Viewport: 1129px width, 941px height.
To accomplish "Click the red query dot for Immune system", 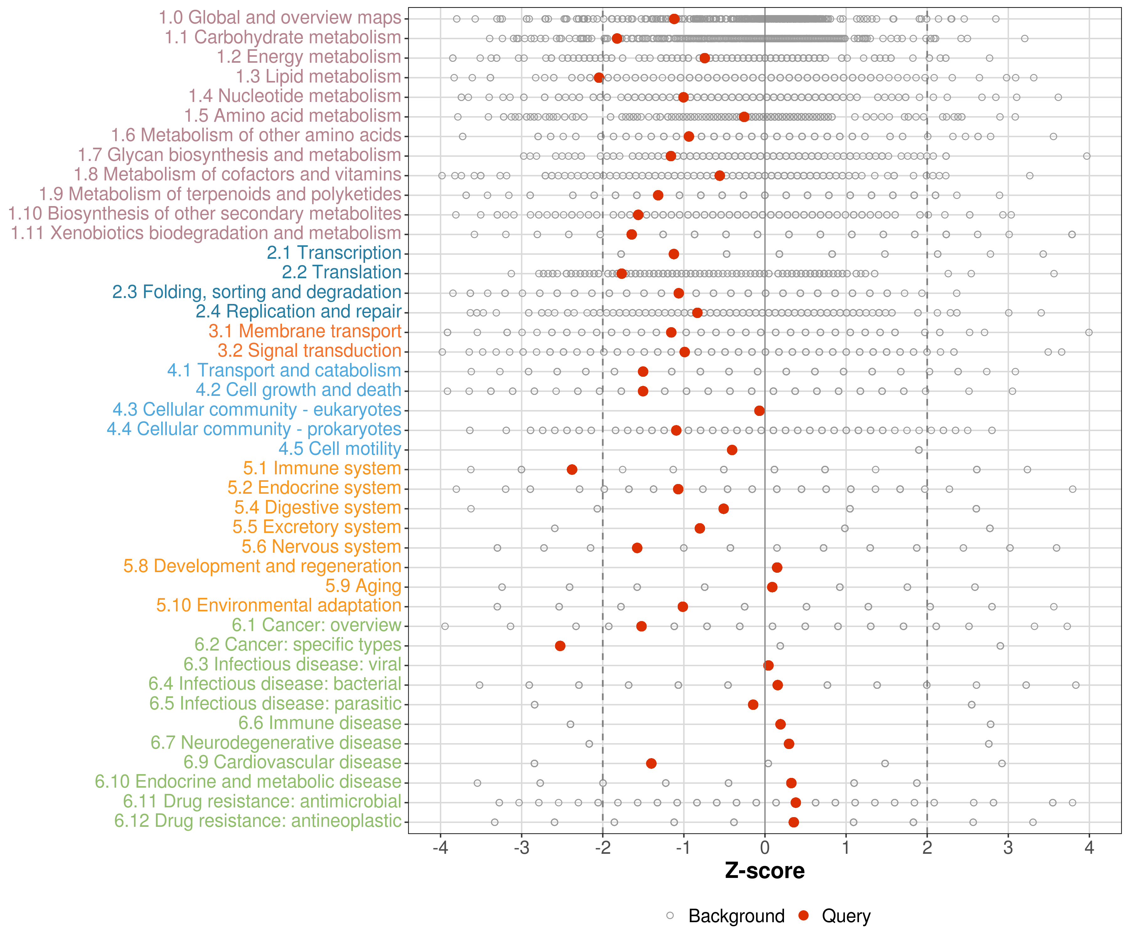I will coord(572,470).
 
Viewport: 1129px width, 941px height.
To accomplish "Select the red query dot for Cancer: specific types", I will coord(560,646).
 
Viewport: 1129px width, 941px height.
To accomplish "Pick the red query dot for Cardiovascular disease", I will coord(651,763).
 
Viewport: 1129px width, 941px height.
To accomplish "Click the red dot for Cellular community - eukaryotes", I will coord(759,411).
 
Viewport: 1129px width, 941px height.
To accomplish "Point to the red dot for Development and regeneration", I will coord(777,567).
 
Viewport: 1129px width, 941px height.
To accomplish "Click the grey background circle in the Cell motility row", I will coord(919,450).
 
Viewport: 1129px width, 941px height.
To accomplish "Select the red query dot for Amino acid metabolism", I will coord(744,117).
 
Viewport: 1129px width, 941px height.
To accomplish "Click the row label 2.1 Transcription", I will coord(334,253).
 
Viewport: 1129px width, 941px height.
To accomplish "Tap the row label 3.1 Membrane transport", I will coord(305,331).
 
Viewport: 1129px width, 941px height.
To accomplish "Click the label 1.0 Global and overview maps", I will coord(279,18).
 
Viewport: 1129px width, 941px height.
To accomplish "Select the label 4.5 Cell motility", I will coord(340,449).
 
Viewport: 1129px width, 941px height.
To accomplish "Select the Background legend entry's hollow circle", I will coord(670,916).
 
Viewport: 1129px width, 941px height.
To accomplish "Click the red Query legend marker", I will coord(804,916).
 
